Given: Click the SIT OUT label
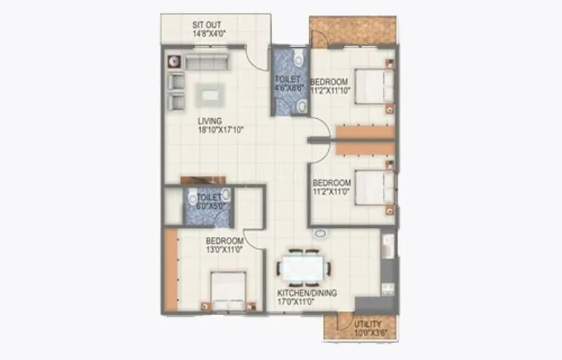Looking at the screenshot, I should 207,25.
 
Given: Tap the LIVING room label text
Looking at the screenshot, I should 209,120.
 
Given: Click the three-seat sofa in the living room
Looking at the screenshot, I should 207,62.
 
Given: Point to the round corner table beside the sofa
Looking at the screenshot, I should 174,61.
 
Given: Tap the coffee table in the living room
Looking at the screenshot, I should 211,94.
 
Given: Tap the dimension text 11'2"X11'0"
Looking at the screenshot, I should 332,191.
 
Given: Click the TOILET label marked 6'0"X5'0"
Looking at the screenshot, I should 209,198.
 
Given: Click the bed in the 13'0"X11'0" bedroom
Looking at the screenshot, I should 228,291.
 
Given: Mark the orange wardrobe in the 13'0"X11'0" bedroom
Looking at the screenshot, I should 171,270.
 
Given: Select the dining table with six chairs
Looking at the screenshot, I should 302,269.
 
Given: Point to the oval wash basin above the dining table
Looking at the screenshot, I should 320,233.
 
